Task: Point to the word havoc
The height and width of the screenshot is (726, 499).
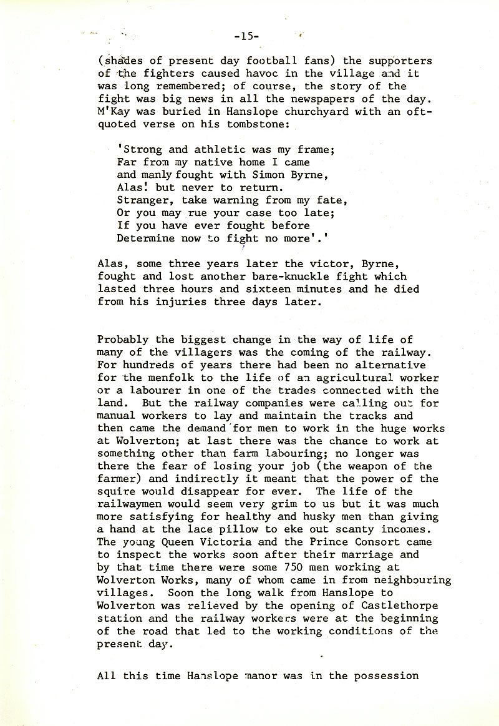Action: pyautogui.click(x=227, y=73)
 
